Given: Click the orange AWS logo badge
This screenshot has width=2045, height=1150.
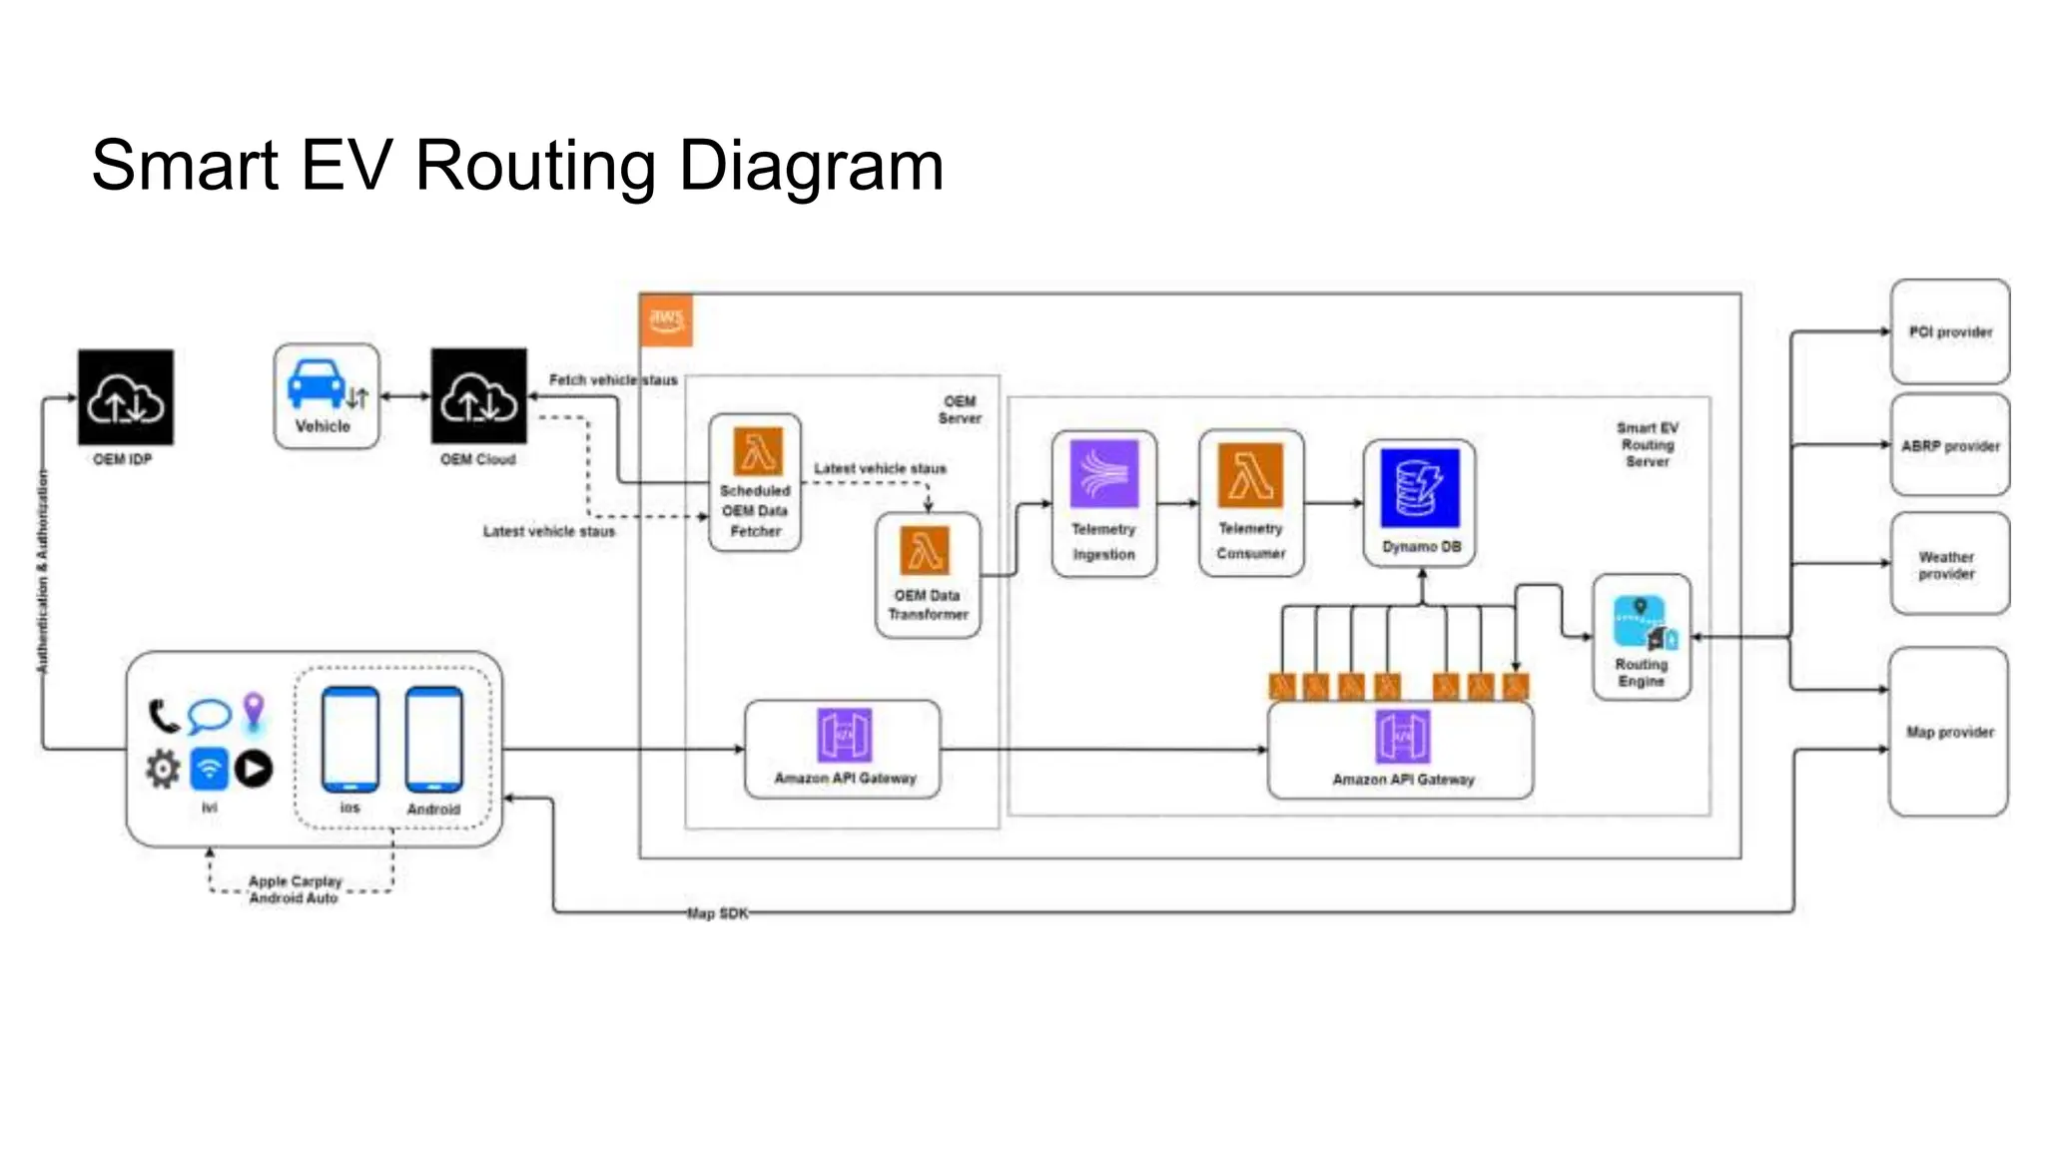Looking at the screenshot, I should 666,320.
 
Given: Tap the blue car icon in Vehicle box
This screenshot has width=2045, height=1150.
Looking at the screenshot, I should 317,384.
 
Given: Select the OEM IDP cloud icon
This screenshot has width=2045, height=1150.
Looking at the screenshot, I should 126,397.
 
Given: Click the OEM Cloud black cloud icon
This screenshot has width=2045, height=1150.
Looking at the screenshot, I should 478,396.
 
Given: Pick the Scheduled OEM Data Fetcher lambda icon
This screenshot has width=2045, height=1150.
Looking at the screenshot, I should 758,451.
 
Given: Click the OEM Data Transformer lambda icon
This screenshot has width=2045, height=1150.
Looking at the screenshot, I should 926,550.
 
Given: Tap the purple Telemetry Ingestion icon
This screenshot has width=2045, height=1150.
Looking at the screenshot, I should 1103,473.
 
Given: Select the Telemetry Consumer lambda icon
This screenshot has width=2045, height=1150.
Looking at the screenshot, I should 1250,474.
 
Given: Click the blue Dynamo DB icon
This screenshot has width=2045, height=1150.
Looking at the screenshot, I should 1419,488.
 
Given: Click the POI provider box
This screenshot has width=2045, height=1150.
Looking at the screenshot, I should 1949,331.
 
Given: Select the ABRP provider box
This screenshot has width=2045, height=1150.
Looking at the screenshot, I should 1949,445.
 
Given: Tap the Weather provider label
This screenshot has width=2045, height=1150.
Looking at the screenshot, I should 1946,565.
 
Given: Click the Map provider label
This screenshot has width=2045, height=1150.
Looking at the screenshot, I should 1949,732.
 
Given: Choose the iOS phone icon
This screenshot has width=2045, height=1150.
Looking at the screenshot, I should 349,740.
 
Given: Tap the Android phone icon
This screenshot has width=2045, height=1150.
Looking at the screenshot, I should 433,740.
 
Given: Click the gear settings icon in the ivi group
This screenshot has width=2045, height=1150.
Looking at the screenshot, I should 163,769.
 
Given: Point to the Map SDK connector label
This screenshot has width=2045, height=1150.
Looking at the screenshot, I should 717,912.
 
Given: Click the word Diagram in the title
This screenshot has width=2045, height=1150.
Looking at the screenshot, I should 811,166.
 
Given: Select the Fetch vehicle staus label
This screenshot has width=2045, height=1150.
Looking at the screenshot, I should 612,380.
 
